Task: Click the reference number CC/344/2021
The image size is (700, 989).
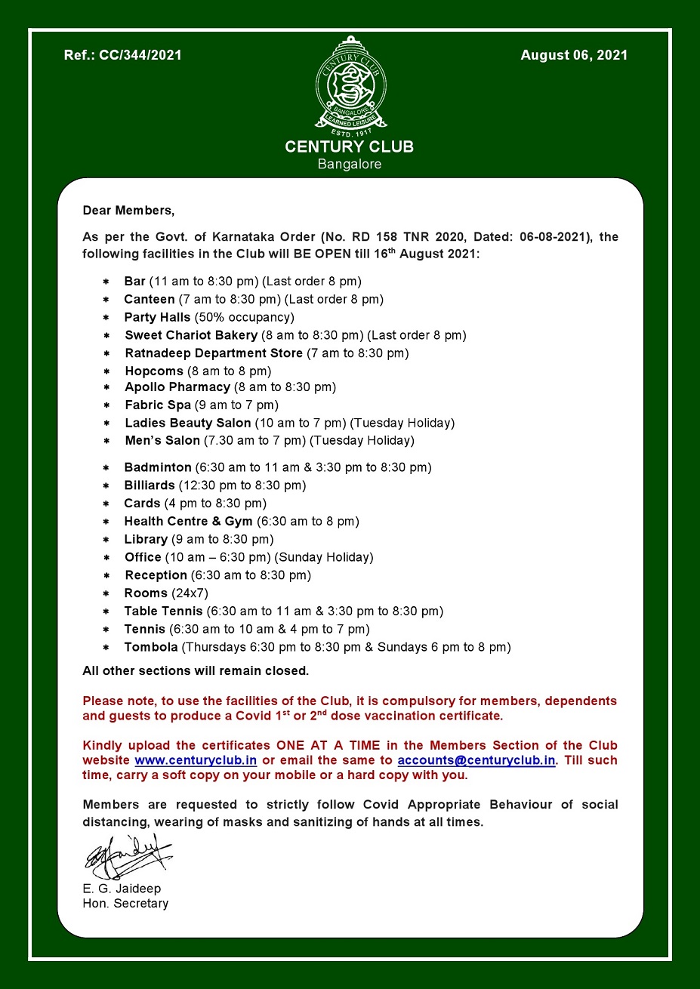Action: pos(123,55)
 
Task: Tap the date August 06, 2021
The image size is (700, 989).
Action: pos(574,55)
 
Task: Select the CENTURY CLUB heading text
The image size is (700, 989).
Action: pos(350,146)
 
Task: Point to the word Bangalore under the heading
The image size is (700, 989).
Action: pos(350,164)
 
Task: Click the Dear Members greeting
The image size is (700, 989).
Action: pos(128,210)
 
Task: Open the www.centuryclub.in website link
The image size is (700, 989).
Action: pos(196,760)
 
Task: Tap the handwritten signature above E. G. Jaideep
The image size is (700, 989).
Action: pos(127,856)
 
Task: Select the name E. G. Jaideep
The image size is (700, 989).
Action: pos(122,889)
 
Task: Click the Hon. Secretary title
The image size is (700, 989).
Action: pos(125,904)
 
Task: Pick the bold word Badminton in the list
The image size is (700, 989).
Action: pos(158,467)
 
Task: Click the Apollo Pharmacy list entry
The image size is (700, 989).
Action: pos(177,387)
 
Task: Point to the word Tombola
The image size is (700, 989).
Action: pos(151,647)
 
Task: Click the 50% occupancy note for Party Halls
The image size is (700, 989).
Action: pos(244,317)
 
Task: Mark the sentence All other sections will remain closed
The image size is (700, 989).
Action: pos(196,670)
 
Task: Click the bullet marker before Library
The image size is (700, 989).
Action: pos(106,540)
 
